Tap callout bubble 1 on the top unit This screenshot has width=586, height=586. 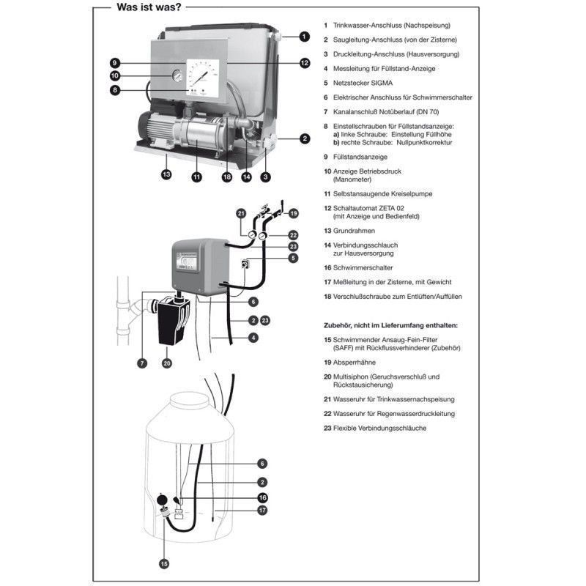click(x=303, y=36)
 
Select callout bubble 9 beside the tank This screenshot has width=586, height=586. click(x=115, y=62)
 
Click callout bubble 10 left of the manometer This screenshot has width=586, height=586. click(x=115, y=76)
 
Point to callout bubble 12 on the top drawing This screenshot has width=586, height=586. click(x=305, y=63)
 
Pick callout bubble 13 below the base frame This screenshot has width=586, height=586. click(x=166, y=174)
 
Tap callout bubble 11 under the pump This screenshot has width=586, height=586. click(x=196, y=176)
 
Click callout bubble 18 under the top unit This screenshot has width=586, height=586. click(x=228, y=176)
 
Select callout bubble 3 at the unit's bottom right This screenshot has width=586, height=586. click(x=265, y=176)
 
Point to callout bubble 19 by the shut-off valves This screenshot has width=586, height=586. click(x=293, y=213)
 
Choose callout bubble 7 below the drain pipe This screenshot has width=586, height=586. click(x=141, y=363)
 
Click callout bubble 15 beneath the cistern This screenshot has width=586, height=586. click(x=164, y=563)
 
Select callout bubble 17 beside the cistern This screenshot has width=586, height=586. click(x=262, y=510)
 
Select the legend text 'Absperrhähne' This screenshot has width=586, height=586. click(x=355, y=362)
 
